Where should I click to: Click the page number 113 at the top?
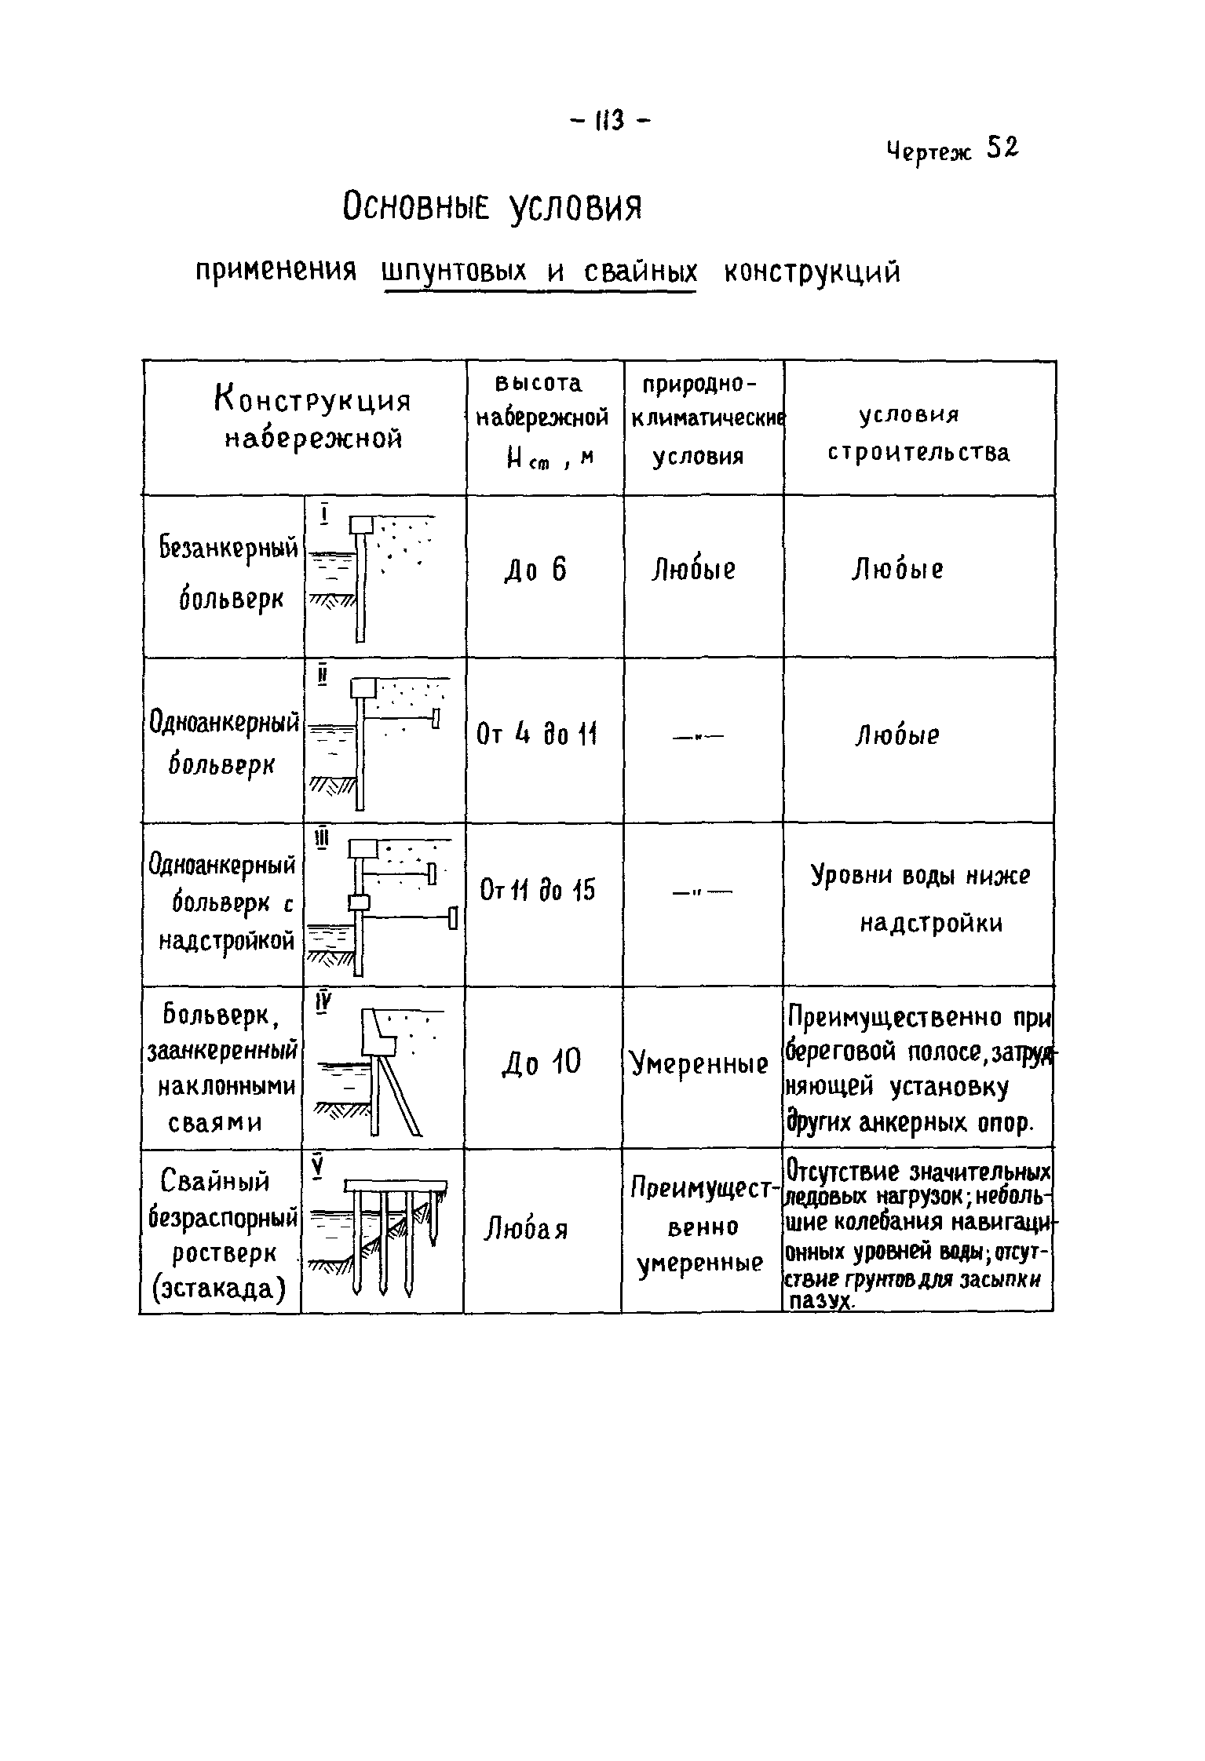608,121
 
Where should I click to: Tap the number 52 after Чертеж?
1002,147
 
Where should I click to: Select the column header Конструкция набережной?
312,420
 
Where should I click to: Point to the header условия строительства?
918,434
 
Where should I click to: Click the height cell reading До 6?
535,571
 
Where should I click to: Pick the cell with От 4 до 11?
537,735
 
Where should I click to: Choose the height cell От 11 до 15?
537,891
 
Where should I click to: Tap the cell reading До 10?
542,1063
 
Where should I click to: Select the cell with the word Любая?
526,1228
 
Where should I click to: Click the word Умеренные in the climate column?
699,1065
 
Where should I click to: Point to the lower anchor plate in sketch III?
452,917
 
